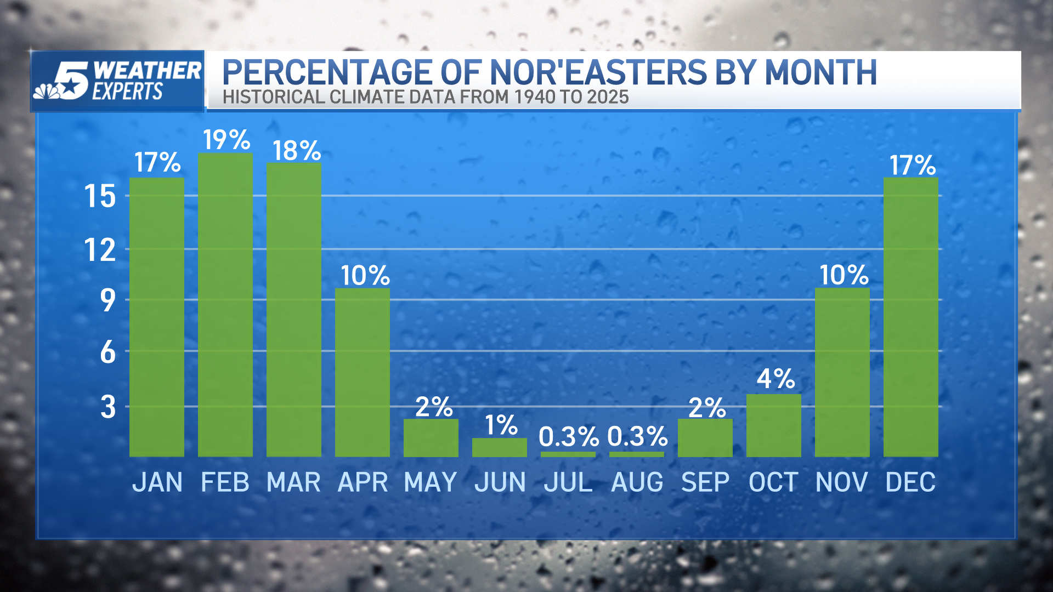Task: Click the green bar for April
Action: pyautogui.click(x=363, y=372)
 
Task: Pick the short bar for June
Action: pyautogui.click(x=499, y=447)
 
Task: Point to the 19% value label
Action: pyautogui.click(x=227, y=140)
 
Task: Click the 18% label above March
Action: pyautogui.click(x=296, y=151)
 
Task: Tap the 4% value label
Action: pyautogui.click(x=775, y=379)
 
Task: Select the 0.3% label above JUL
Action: pyautogui.click(x=568, y=437)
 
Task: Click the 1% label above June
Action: pyautogui.click(x=501, y=425)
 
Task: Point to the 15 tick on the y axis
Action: pyautogui.click(x=100, y=196)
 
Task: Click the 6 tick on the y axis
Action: pyautogui.click(x=107, y=352)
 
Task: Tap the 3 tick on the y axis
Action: pyautogui.click(x=108, y=407)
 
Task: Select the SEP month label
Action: pyautogui.click(x=705, y=482)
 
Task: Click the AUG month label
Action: pyautogui.click(x=637, y=482)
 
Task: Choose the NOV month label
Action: pyautogui.click(x=841, y=482)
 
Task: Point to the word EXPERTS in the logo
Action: pyautogui.click(x=127, y=92)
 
